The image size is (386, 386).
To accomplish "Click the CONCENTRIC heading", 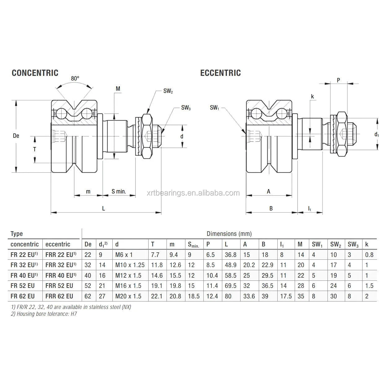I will pyautogui.click(x=35, y=73).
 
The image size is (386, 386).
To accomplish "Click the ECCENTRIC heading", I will pyautogui.click(x=220, y=73).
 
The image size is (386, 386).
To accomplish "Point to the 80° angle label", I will pyautogui.click(x=75, y=79).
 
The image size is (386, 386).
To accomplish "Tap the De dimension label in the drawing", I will pyautogui.click(x=16, y=136).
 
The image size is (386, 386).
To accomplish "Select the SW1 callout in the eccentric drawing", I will pyautogui.click(x=214, y=108).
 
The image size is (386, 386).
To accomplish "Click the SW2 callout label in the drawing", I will pyautogui.click(x=168, y=91).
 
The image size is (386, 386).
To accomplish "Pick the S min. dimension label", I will pyautogui.click(x=119, y=191).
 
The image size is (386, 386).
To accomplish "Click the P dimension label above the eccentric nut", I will pyautogui.click(x=338, y=80).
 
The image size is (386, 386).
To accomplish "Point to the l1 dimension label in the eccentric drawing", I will pyautogui.click(x=310, y=209).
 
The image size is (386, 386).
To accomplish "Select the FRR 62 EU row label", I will pyautogui.click(x=59, y=296).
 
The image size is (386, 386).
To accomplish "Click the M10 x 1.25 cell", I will pyautogui.click(x=130, y=265).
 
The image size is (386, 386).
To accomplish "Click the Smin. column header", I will pyautogui.click(x=194, y=245).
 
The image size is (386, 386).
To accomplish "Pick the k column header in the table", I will pyautogui.click(x=367, y=244).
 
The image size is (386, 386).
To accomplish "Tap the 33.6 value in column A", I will pyautogui.click(x=249, y=296).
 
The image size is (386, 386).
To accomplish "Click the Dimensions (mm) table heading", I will pyautogui.click(x=229, y=234).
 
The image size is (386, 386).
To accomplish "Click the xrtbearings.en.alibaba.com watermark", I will pyautogui.click(x=193, y=193).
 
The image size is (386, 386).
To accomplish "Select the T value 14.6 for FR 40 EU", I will pyautogui.click(x=157, y=275).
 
